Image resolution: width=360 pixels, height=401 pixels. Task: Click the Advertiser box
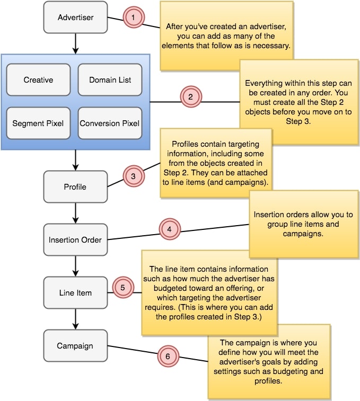tap(75, 17)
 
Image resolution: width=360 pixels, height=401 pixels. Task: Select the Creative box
tap(38, 80)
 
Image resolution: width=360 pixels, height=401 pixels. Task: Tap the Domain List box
tap(110, 80)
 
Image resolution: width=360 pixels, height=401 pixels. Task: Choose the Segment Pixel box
tap(38, 123)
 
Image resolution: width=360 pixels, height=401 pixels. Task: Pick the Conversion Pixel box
tap(110, 123)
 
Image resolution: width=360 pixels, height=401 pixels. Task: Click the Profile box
tap(75, 186)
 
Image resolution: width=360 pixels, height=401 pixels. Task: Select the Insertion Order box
tap(75, 239)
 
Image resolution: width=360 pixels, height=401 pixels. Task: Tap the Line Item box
tap(75, 292)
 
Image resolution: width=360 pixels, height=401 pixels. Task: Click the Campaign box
tap(75, 345)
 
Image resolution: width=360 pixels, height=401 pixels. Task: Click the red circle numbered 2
tap(190, 97)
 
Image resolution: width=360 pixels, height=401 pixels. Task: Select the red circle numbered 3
tap(134, 176)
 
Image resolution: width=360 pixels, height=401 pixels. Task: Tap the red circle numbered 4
tap(169, 230)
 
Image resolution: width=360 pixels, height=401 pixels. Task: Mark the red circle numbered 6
tap(168, 357)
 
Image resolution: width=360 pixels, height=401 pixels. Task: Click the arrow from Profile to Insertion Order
tap(75, 213)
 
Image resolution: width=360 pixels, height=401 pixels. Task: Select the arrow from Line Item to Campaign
tap(75, 319)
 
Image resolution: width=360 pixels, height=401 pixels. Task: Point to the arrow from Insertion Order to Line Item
tap(75, 266)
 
